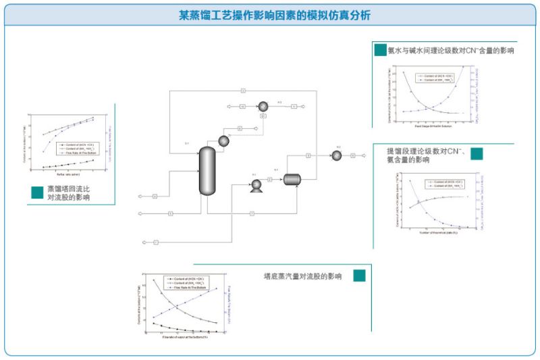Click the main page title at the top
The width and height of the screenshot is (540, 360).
click(x=270, y=14)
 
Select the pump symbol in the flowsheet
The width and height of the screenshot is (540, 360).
click(x=256, y=188)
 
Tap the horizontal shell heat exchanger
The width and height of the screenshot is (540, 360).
click(x=292, y=179)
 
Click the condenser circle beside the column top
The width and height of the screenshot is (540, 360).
click(x=223, y=140)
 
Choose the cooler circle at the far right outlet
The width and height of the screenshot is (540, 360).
click(x=336, y=156)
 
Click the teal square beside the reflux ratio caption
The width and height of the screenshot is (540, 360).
click(x=38, y=192)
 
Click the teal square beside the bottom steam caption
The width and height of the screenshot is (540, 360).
click(x=359, y=276)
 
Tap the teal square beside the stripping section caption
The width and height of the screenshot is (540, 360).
click(x=477, y=153)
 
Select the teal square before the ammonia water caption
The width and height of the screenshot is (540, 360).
click(x=380, y=49)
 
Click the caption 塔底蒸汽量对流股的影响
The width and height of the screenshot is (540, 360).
click(x=302, y=276)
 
